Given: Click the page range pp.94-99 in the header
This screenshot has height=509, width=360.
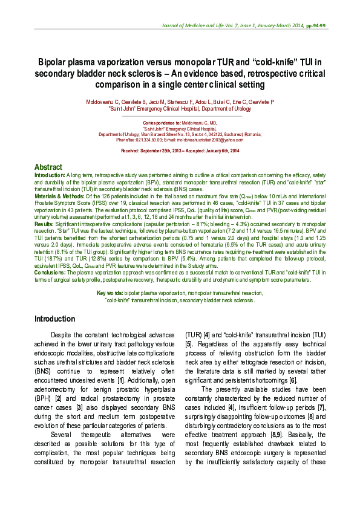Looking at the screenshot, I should pyautogui.click(x=315, y=27).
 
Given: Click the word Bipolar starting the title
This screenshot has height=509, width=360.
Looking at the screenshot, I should pyautogui.click(x=54, y=61).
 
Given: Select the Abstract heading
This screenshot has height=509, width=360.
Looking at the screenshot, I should pyautogui.click(x=48, y=167).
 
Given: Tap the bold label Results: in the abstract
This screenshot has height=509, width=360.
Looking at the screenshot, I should pyautogui.click(x=44, y=224).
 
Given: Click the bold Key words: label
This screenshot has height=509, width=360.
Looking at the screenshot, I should pyautogui.click(x=110, y=293).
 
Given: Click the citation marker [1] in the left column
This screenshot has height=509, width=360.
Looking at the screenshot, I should pyautogui.click(x=120, y=379).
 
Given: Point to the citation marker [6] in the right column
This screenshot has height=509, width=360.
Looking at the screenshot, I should pyautogui.click(x=293, y=379).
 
